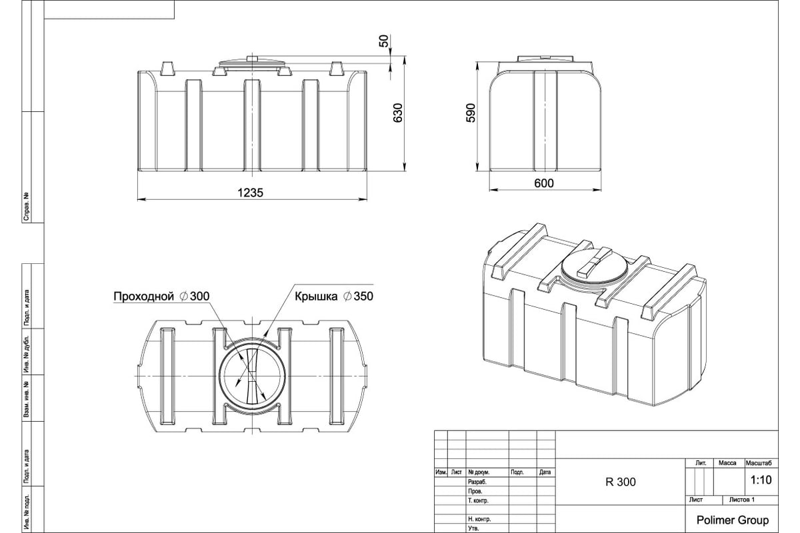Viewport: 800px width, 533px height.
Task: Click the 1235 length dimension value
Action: click(251, 193)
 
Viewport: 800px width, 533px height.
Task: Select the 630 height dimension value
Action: click(397, 113)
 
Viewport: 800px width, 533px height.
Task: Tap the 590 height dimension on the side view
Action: click(471, 113)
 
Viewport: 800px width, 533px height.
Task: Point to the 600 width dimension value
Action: click(544, 183)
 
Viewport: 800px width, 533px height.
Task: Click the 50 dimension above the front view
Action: click(383, 41)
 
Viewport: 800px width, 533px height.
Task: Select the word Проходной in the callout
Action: click(143, 296)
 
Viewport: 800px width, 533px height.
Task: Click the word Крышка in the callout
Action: click(316, 296)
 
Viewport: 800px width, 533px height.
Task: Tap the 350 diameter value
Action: click(363, 296)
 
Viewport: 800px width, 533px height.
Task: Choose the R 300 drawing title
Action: click(621, 482)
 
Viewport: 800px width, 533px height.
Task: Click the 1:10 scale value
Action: click(761, 480)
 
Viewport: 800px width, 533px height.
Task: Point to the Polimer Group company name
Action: click(733, 520)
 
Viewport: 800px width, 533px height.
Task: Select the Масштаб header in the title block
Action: click(759, 463)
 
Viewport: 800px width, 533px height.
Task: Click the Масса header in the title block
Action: click(727, 463)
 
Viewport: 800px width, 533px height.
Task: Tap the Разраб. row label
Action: click(477, 482)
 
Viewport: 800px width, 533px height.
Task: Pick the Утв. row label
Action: click(473, 528)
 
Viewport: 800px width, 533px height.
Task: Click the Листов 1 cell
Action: click(742, 500)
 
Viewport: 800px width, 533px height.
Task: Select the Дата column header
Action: click(545, 472)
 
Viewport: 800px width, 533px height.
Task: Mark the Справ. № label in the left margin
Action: click(26, 207)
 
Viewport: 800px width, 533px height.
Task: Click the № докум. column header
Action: click(479, 472)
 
